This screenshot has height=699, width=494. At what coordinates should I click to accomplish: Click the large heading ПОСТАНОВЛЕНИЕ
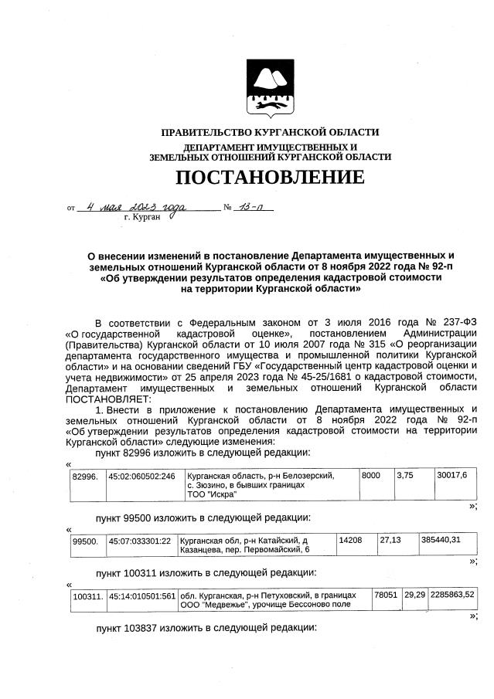point(269,178)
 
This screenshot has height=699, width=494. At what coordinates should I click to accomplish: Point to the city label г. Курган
point(141,219)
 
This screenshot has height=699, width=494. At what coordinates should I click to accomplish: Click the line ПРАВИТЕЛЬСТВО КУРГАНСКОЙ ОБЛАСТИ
point(270,133)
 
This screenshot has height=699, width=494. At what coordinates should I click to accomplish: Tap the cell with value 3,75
point(406,476)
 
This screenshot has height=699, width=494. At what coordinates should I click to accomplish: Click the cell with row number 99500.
point(84,541)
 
